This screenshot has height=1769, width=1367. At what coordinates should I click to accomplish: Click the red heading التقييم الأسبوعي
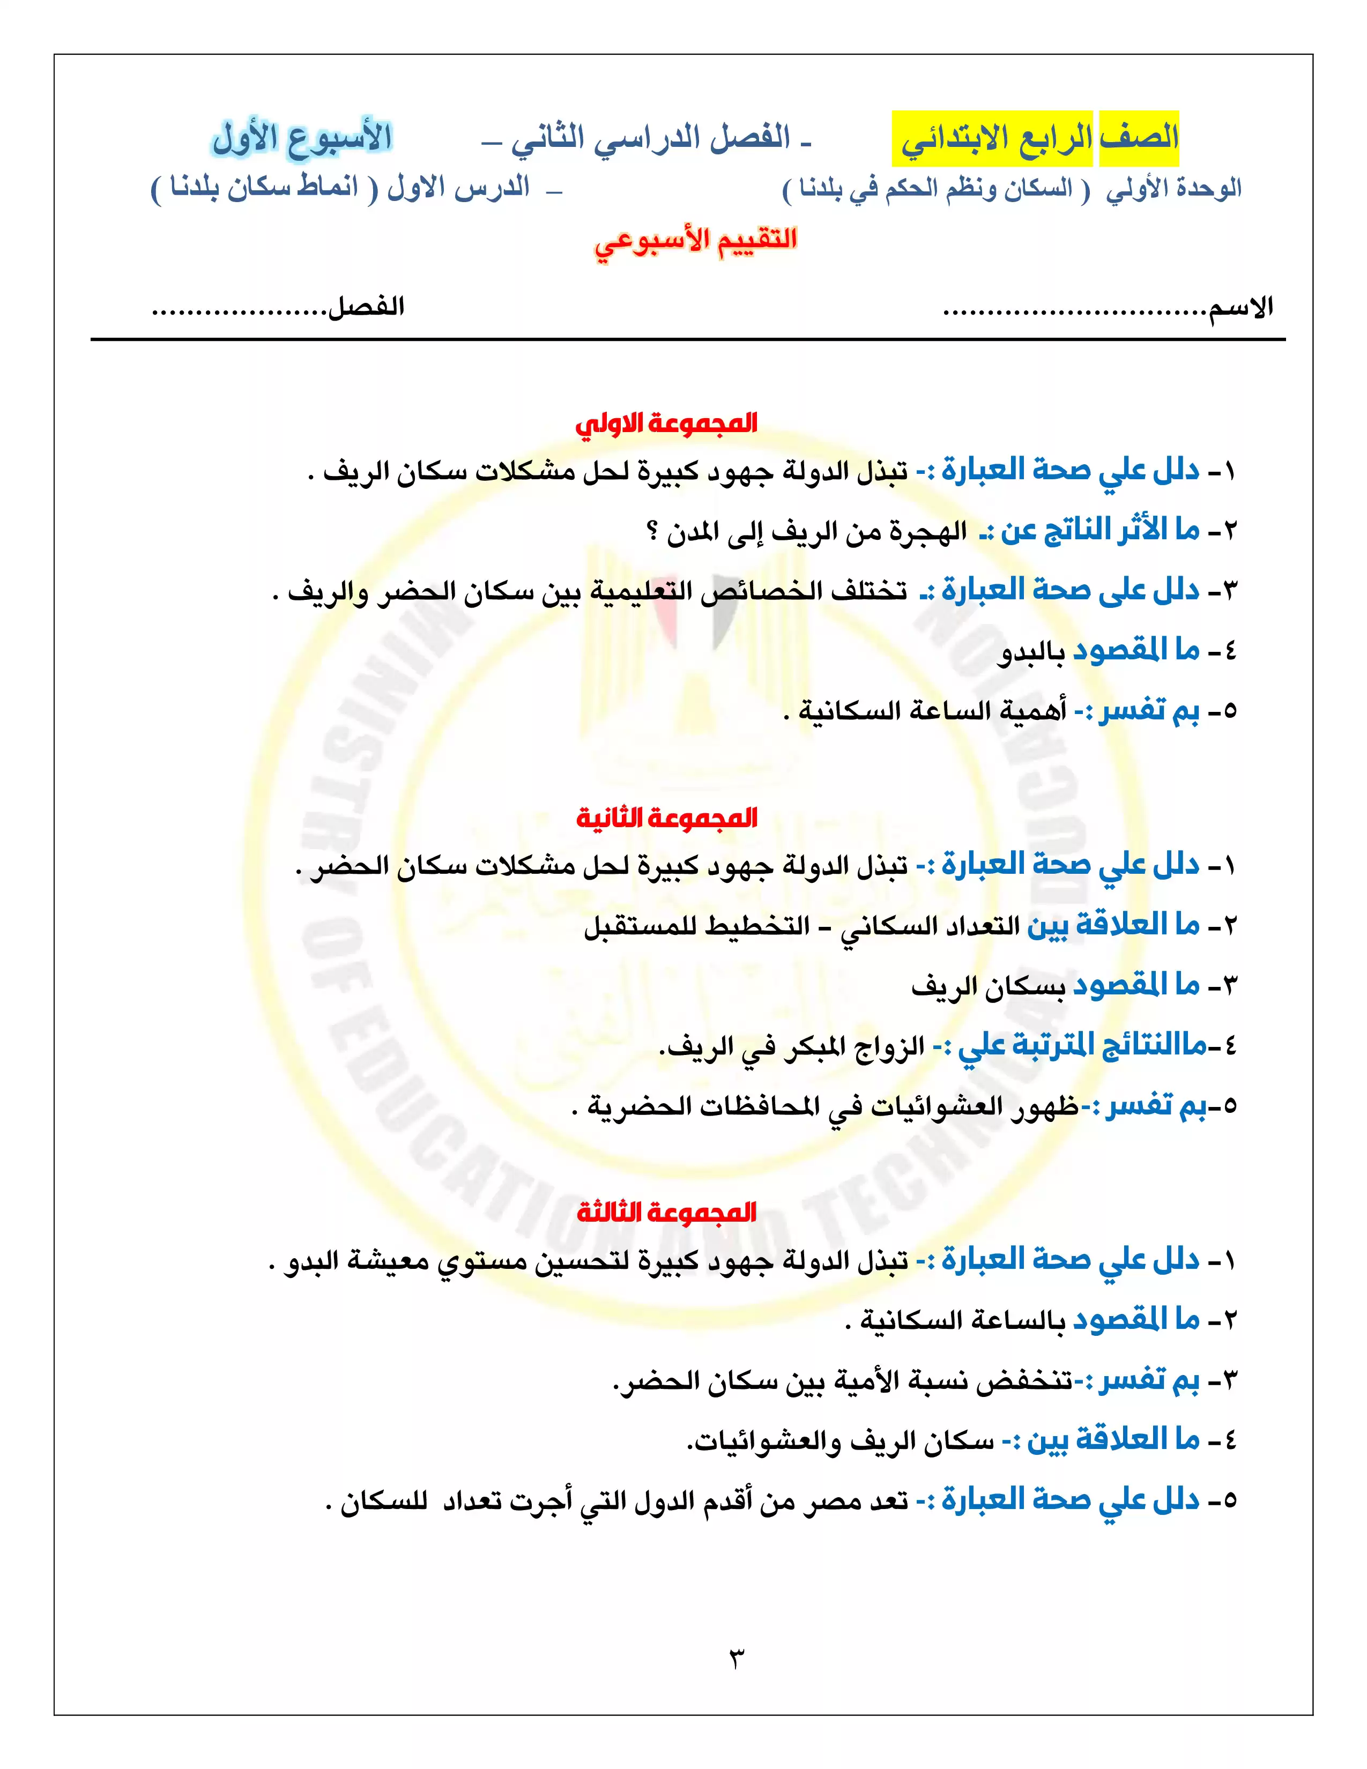coord(695,241)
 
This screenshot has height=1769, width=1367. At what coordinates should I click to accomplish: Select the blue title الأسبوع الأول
coord(302,138)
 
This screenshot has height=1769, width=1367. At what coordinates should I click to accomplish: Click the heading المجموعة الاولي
coord(666,423)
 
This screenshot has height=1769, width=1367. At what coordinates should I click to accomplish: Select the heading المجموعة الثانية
coord(666,818)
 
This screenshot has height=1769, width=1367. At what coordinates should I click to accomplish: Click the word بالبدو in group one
coord(1031,652)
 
